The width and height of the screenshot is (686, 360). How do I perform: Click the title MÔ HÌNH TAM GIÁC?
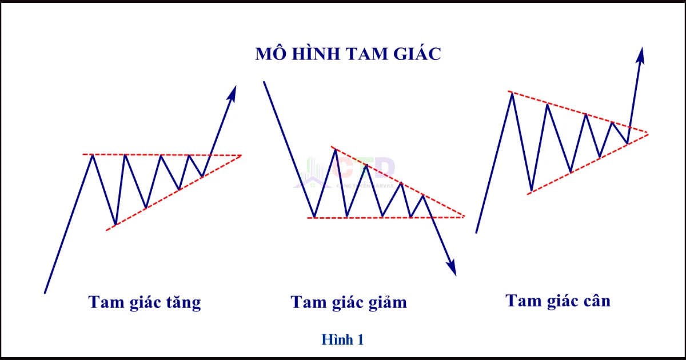tap(348, 54)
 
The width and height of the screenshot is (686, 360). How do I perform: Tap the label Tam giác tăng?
tap(145, 302)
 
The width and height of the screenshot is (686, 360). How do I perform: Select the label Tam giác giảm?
tap(349, 302)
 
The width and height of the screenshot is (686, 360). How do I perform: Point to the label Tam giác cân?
tap(558, 301)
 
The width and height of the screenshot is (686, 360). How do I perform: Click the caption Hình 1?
tap(342, 339)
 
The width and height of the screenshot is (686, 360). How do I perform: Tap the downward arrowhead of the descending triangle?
tap(452, 269)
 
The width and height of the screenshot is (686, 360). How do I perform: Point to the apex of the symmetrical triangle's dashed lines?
tap(648, 133)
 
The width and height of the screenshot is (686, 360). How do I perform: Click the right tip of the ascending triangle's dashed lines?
tap(241, 155)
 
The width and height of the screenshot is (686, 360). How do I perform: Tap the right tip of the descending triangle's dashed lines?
tap(464, 217)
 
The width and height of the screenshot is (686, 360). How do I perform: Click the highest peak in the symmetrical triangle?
tap(512, 93)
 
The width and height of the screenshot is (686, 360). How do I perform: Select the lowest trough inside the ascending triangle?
tap(116, 225)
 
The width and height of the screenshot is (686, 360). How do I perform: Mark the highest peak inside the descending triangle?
tap(335, 149)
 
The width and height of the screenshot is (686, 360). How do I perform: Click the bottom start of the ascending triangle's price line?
tap(45, 293)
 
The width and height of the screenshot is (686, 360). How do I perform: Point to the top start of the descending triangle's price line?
tap(264, 82)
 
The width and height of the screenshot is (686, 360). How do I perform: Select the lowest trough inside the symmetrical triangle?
tap(532, 190)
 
